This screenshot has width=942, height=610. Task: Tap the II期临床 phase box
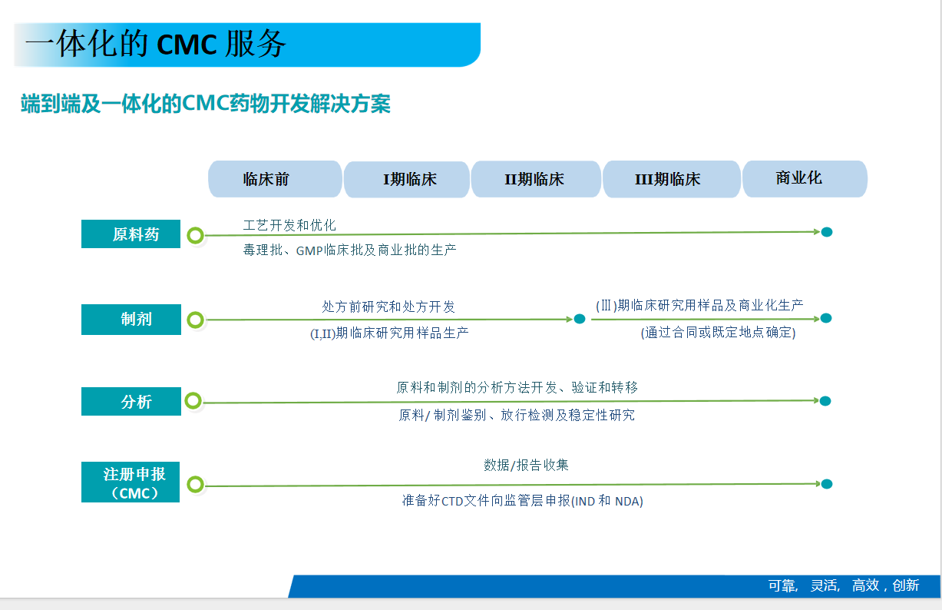[536, 180]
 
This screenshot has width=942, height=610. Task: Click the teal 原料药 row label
[131, 234]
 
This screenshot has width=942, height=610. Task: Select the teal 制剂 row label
[131, 320]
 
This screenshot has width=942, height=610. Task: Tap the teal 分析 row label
[131, 402]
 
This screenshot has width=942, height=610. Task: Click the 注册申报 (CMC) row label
[131, 482]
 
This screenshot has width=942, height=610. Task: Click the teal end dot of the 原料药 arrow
[827, 232]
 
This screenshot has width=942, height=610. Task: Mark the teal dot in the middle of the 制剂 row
[580, 319]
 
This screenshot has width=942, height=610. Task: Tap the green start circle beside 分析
[193, 400]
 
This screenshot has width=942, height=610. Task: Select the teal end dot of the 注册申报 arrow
[827, 484]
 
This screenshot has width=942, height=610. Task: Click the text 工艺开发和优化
[289, 225]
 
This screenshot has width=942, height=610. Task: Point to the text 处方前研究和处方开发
[388, 307]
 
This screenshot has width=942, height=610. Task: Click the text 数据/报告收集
[526, 465]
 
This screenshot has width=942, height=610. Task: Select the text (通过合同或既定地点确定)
[718, 333]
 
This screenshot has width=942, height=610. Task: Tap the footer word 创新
[906, 585]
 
